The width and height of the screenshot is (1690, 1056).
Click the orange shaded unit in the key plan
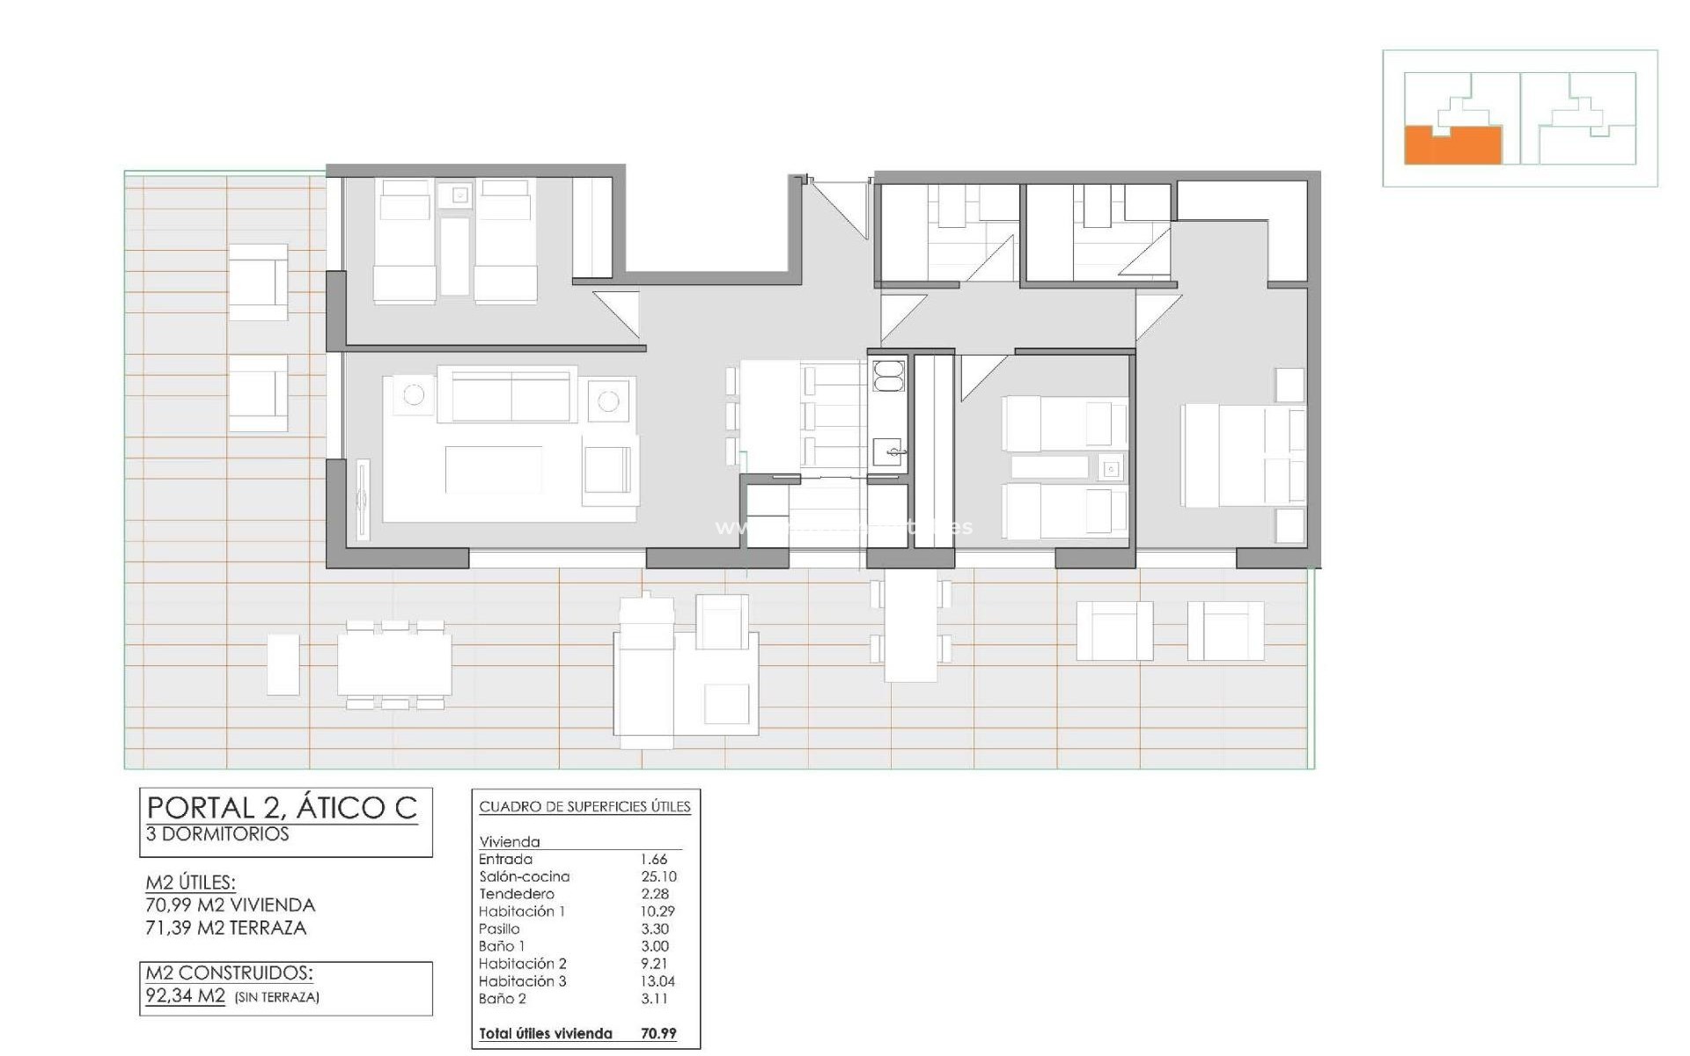tap(1452, 146)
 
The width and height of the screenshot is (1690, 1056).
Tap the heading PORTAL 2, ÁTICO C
tap(282, 808)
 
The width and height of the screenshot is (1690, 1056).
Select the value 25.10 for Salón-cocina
tap(658, 876)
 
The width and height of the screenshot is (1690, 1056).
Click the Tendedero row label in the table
tap(516, 894)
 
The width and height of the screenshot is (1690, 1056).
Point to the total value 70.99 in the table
tap(658, 1034)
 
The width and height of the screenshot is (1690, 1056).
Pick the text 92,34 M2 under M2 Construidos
tap(186, 996)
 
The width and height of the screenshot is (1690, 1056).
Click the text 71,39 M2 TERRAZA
tap(226, 928)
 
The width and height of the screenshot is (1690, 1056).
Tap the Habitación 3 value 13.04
tap(658, 981)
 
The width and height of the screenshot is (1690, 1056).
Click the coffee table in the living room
tap(493, 470)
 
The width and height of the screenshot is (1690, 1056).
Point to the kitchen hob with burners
tap(888, 376)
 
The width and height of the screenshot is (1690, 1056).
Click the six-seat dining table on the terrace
tap(394, 664)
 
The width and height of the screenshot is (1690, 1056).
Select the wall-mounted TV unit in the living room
tap(363, 502)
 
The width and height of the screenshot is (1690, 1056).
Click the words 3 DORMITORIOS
tap(217, 834)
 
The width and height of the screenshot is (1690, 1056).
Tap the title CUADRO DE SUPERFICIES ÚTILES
tap(584, 807)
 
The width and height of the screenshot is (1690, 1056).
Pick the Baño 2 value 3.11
tap(655, 999)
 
